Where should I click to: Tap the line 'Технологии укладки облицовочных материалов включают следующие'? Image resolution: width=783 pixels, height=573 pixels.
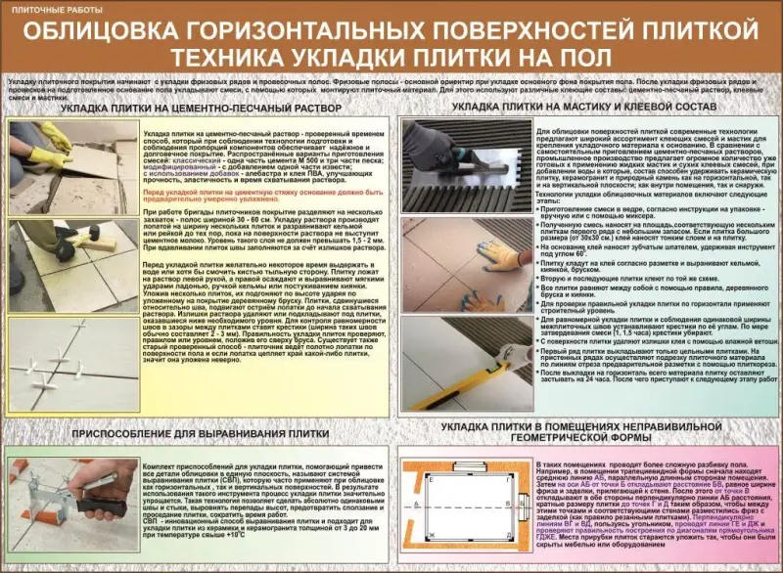click(x=647, y=197)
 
